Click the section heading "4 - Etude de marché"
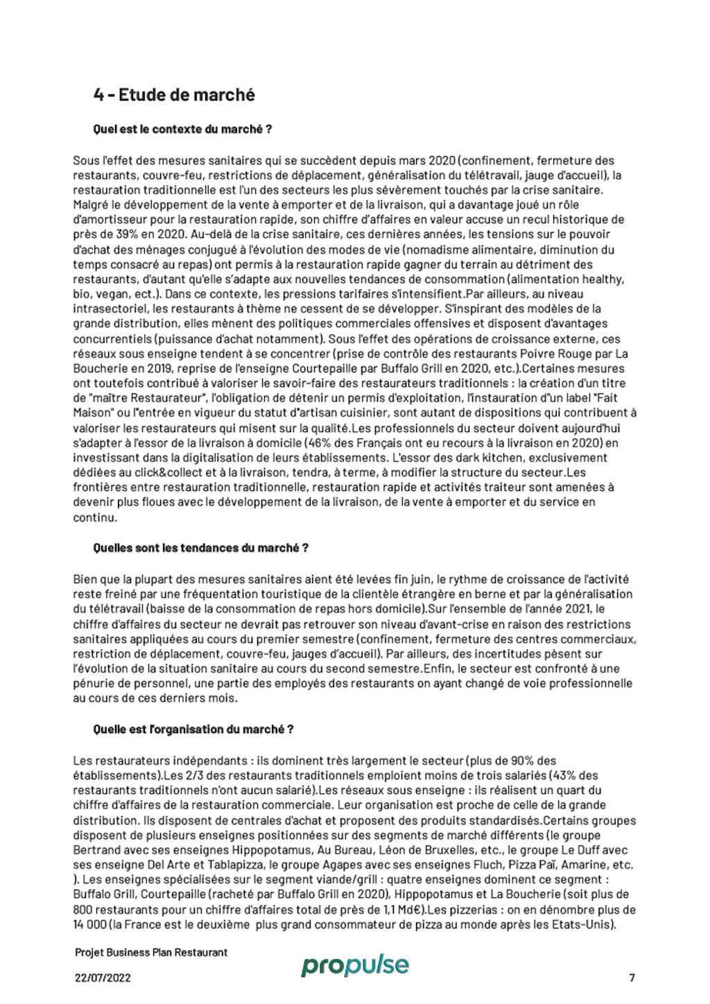[x=174, y=95]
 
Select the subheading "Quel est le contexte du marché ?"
[x=182, y=129]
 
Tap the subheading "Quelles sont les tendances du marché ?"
[x=200, y=548]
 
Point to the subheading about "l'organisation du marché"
[x=193, y=729]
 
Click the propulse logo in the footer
[x=354, y=965]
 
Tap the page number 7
[x=632, y=978]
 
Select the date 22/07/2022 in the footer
[x=103, y=978]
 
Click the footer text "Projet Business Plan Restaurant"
[x=151, y=953]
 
